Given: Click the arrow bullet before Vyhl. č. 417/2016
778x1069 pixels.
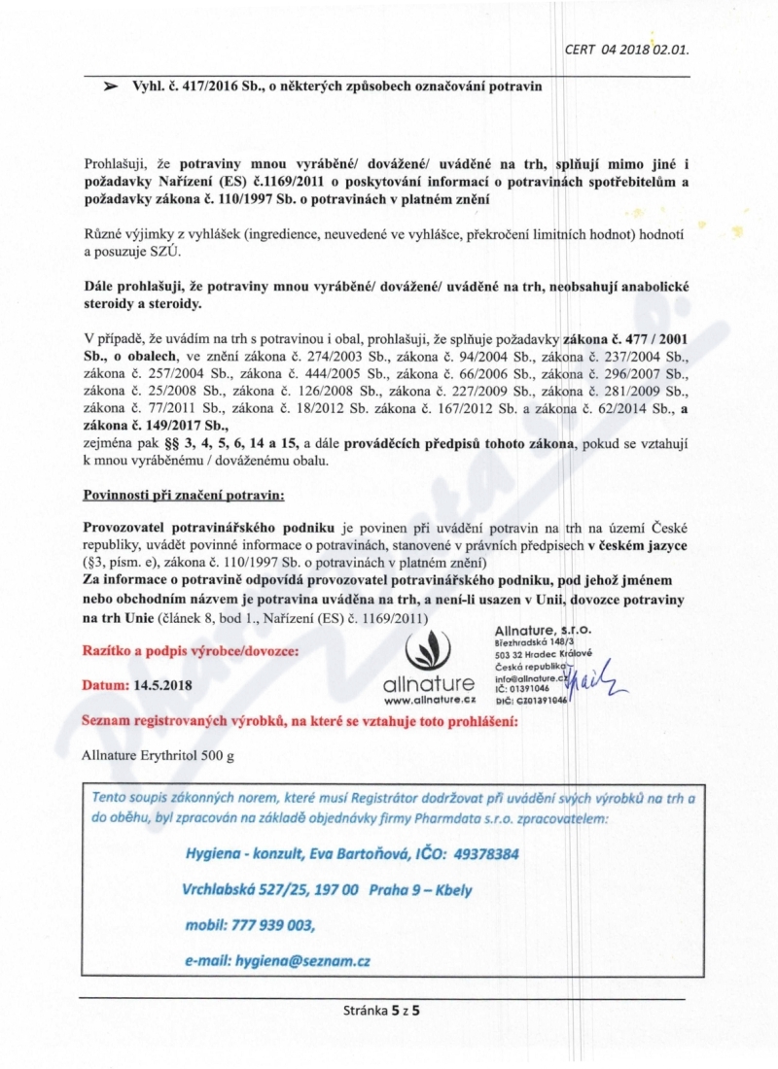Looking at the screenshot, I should tap(112, 86).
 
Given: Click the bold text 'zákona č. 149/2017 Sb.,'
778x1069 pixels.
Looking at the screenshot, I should tap(156, 426).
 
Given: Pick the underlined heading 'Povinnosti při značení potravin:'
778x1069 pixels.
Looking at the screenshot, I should tap(184, 496).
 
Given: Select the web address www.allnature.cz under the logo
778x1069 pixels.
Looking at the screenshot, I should tap(429, 700).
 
